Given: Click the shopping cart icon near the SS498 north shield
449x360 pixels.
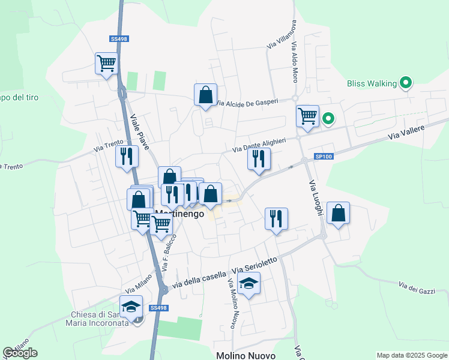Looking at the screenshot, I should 106,62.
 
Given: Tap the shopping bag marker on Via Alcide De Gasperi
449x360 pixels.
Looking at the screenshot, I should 205,95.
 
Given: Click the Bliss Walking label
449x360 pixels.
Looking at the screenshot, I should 372,83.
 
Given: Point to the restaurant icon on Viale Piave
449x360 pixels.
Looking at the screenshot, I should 127,157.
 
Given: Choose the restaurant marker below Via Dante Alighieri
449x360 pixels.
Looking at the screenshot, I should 259,159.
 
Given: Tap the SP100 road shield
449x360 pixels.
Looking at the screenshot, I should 323,157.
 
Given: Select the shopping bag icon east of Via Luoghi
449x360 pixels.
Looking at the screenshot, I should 339,213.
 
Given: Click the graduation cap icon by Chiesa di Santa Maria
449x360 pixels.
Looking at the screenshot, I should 131,307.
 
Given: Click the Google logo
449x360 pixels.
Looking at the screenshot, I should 20,353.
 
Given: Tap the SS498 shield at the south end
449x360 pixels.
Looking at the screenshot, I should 158,308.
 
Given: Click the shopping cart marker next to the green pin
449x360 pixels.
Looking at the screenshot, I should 307,116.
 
